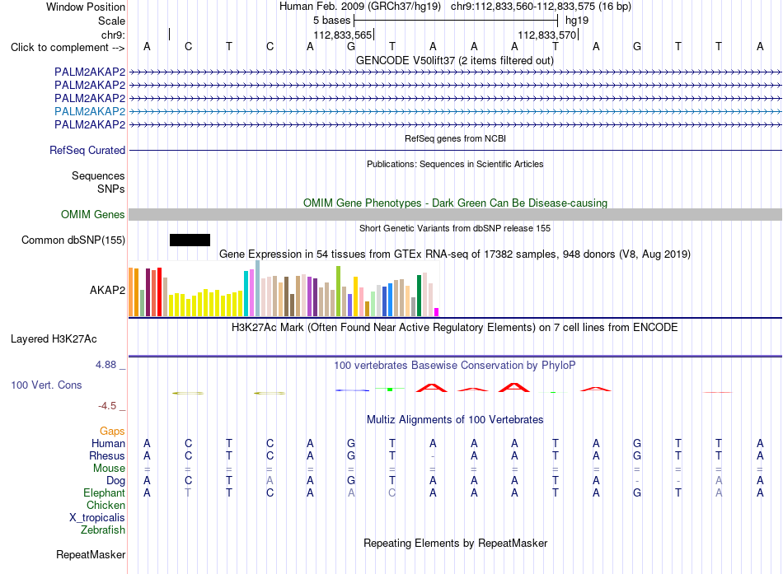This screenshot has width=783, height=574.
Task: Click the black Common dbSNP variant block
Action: [x=190, y=240]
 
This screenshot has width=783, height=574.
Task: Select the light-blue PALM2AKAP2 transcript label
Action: [x=90, y=111]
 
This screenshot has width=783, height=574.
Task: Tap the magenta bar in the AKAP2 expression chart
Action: [x=437, y=312]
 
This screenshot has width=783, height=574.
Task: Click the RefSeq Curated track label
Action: [x=87, y=150]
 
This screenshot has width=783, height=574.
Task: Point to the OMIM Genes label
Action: [x=93, y=215]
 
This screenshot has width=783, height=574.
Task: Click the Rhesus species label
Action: [x=107, y=455]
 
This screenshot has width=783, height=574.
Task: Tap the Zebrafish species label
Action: [x=103, y=530]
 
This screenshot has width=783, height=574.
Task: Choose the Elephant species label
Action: [x=104, y=493]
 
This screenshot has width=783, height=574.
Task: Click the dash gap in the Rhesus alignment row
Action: [x=433, y=456]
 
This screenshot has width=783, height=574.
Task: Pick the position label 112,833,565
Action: [x=343, y=35]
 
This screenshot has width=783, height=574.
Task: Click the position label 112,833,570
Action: [x=546, y=35]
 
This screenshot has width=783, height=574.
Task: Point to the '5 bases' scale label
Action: [x=331, y=21]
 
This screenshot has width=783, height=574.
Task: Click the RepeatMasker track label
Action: [x=91, y=554]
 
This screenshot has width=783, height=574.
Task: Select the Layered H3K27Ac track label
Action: [x=54, y=339]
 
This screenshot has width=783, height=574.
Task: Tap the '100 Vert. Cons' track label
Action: [x=46, y=385]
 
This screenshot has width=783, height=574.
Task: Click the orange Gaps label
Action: [x=112, y=432]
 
